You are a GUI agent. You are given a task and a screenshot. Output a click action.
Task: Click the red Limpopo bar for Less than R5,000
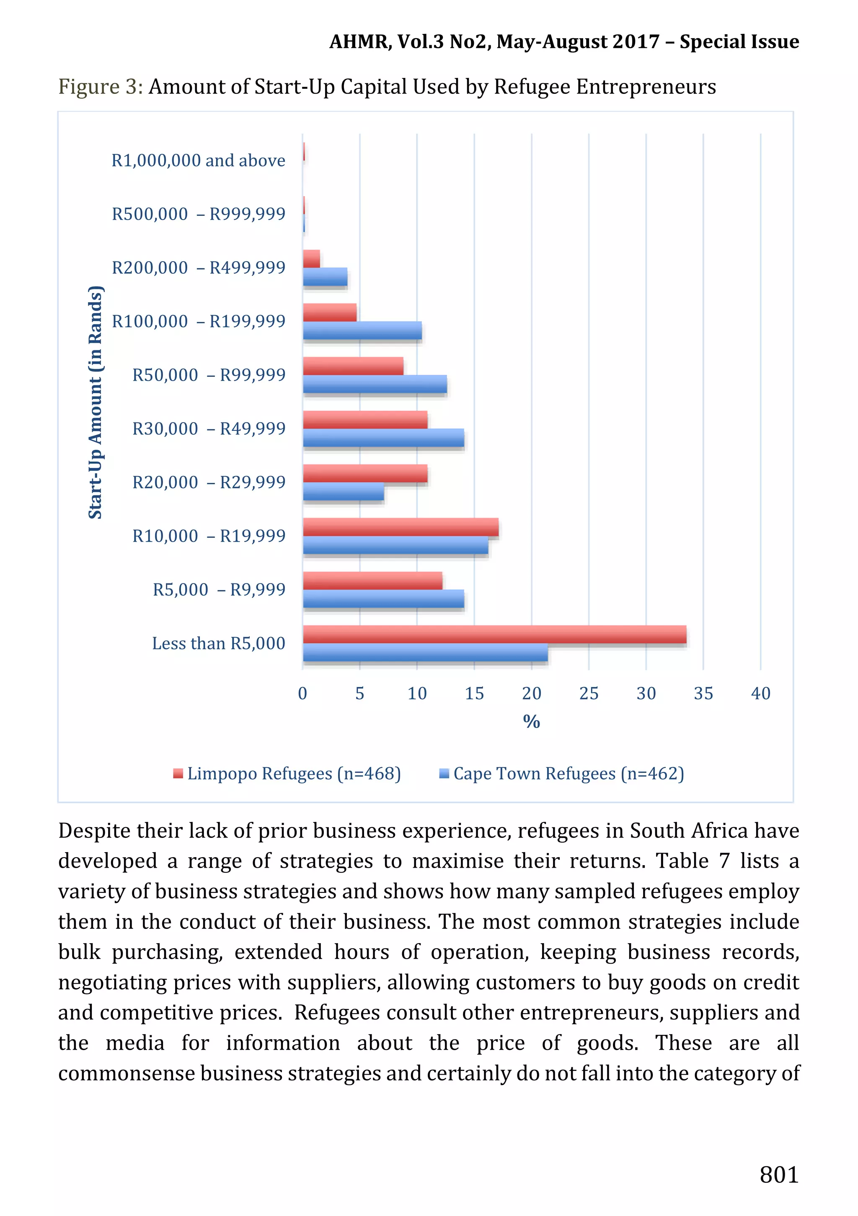click(494, 634)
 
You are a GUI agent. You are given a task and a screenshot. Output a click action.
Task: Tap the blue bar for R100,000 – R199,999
click(362, 330)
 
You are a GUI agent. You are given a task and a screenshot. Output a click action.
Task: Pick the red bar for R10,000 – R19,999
click(401, 527)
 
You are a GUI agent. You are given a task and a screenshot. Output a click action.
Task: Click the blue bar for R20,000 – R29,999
click(344, 492)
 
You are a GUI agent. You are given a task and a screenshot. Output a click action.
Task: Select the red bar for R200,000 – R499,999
click(311, 259)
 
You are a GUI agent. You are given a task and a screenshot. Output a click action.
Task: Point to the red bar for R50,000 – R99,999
click(353, 366)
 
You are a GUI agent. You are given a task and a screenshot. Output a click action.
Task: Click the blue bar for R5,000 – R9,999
click(383, 599)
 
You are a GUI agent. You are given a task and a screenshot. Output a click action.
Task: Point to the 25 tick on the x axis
click(589, 693)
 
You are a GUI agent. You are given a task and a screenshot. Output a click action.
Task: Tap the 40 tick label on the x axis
click(760, 693)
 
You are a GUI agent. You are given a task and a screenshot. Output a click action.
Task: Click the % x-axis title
click(531, 721)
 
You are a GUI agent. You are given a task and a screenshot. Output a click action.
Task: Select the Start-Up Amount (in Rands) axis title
click(95, 402)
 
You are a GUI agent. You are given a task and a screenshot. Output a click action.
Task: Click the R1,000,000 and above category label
click(198, 161)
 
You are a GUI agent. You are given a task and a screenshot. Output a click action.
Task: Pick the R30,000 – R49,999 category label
click(209, 428)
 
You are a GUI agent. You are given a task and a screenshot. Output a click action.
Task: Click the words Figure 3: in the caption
click(101, 87)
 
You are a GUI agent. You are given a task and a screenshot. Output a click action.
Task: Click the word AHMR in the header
click(359, 42)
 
